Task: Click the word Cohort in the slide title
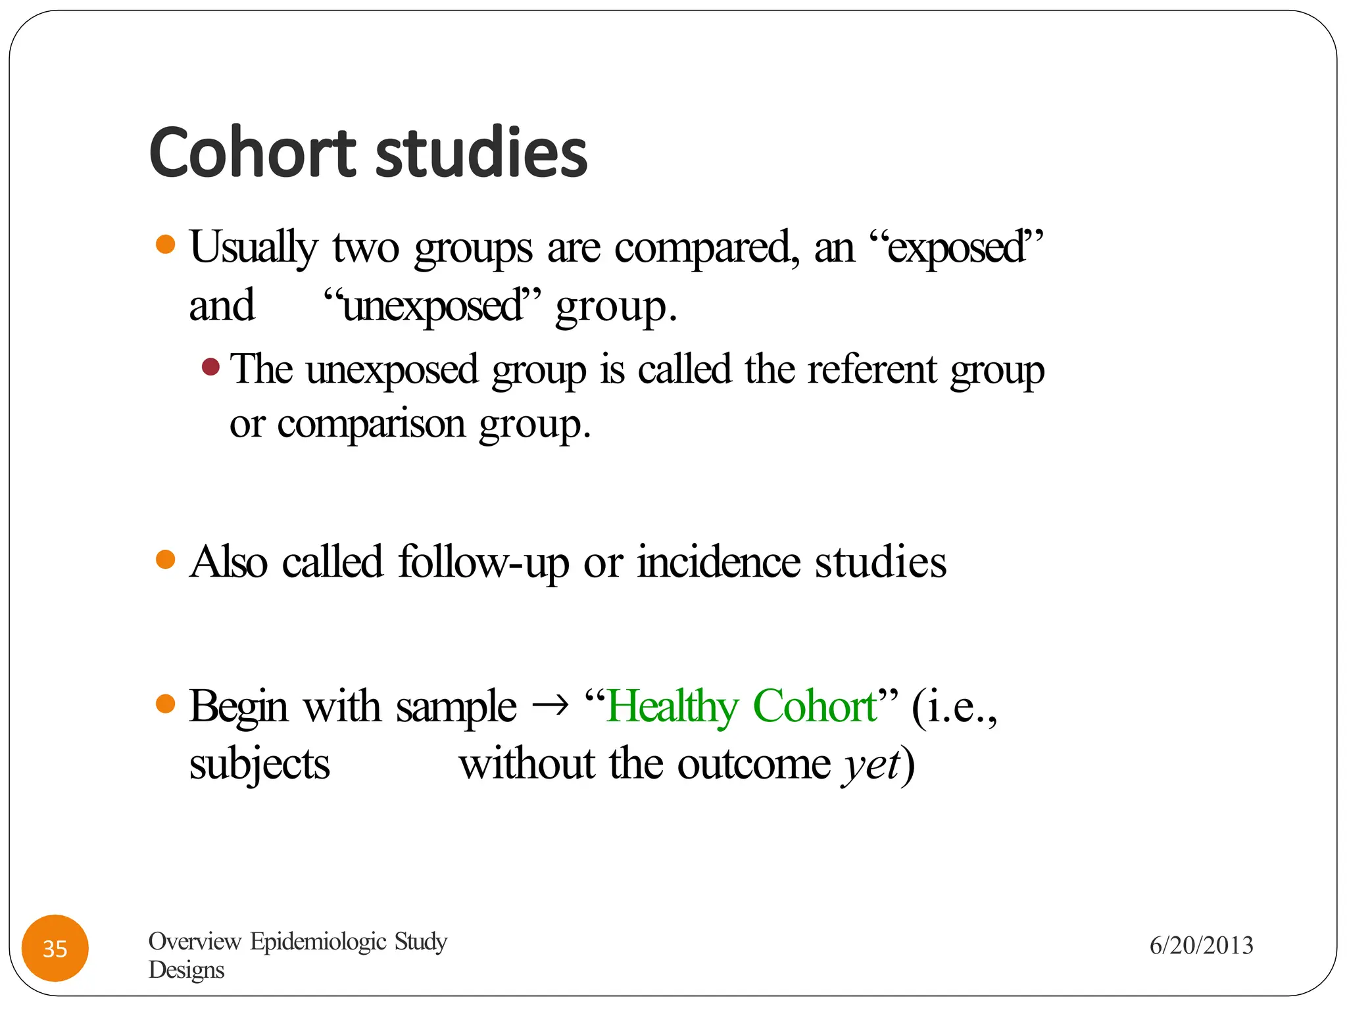coord(253,153)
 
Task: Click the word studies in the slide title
coord(481,153)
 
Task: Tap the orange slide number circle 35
coord(55,948)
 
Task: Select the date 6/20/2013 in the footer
coord(1201,946)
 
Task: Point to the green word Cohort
coord(814,708)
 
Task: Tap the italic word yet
coord(871,765)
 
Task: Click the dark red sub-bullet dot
coord(210,366)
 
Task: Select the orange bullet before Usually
coord(166,245)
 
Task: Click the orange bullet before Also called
coord(166,560)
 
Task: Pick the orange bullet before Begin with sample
coord(166,704)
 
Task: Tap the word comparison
coord(371,424)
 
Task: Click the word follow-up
coord(483,563)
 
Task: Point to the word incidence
coord(718,563)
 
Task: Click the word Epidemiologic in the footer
coord(318,942)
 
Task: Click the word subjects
coord(259,765)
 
